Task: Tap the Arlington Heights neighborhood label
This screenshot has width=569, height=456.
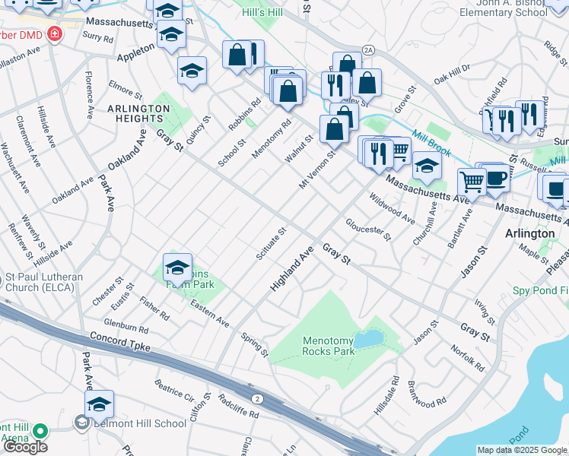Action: (138, 113)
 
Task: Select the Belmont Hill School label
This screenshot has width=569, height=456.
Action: (139, 424)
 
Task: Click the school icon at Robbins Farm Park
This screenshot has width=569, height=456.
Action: (177, 269)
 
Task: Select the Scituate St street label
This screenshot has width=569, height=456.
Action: (271, 243)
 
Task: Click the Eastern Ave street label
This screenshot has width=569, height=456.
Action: (210, 312)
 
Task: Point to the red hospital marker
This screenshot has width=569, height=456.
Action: (54, 35)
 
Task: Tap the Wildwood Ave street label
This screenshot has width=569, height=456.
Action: (392, 208)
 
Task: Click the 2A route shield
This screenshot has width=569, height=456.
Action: (369, 50)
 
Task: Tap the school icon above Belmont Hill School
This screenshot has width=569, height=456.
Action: (99, 404)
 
